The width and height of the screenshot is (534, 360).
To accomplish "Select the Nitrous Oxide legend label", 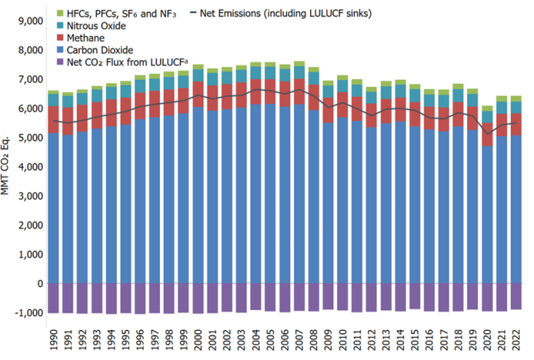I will coord(97,26).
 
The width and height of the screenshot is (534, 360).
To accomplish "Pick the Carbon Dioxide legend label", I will coord(99,49).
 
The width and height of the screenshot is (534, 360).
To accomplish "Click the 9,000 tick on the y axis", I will coord(29,21).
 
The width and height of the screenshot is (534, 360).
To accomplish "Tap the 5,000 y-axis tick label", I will coord(29,138).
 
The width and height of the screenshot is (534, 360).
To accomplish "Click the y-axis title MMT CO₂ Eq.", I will coord(8,167).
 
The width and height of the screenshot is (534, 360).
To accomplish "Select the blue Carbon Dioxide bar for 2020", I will coord(486,215).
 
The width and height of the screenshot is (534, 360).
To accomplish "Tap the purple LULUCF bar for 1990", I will coord(53,298).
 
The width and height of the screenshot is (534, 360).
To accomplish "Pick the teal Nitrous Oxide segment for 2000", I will coord(197,76).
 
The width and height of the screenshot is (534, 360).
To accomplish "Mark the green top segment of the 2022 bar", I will coord(515,99).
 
